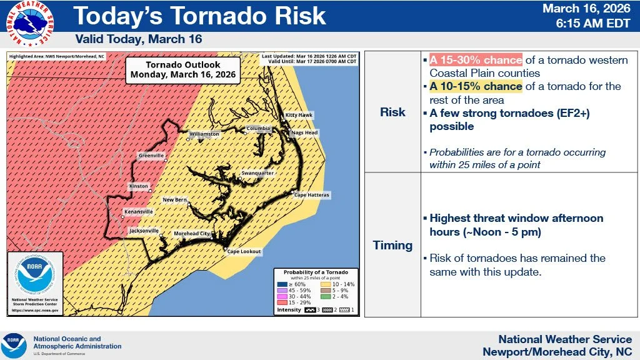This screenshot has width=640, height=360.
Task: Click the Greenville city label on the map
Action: click(151, 155)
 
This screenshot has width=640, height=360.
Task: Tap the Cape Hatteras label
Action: click(311, 195)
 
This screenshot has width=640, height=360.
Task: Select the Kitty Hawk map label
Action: click(299, 116)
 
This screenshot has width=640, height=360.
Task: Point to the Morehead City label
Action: click(191, 234)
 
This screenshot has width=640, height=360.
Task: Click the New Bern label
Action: click(174, 200)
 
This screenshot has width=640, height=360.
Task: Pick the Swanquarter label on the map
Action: click(257, 173)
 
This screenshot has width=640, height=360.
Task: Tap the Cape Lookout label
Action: click(244, 252)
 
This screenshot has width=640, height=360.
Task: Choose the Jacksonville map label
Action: click(143, 231)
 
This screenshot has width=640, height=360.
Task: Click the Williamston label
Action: click(204, 134)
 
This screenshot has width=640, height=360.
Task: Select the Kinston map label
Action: click(139, 186)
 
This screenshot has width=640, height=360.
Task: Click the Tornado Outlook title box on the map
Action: click(182, 69)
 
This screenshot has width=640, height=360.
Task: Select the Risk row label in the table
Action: click(392, 112)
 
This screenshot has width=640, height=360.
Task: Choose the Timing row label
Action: click(392, 245)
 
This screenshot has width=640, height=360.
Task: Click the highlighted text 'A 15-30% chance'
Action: click(475, 60)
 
